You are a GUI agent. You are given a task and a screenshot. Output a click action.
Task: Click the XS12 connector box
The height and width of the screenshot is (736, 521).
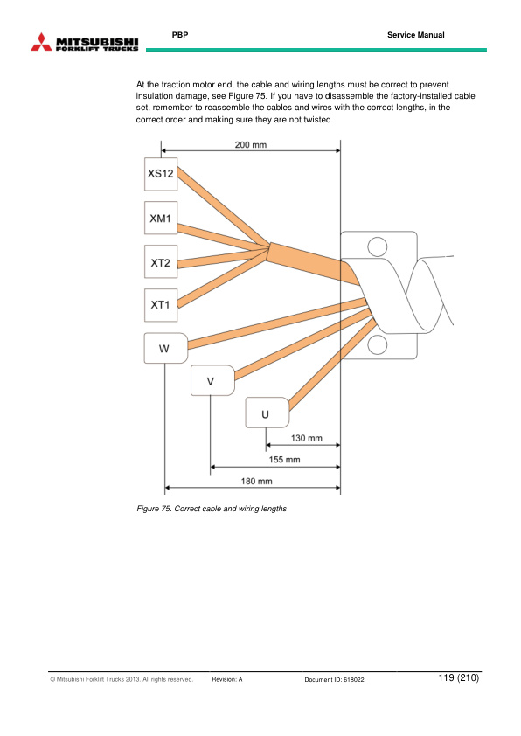[x=161, y=174]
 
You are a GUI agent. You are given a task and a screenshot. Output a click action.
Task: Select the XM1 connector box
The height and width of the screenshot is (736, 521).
[x=161, y=218]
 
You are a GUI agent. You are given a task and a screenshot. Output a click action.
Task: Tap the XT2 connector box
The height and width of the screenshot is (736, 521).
[x=161, y=261]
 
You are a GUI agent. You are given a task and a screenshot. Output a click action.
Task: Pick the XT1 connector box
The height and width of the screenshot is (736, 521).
[x=161, y=305]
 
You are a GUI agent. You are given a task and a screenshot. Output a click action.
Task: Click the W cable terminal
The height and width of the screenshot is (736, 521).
[x=166, y=348]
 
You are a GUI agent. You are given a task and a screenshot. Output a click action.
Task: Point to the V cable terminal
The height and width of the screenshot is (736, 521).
[x=212, y=380]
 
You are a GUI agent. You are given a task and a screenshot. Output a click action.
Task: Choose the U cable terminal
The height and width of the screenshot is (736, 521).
[x=267, y=413]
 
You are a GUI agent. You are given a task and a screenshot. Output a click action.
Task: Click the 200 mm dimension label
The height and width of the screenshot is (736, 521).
[x=251, y=145]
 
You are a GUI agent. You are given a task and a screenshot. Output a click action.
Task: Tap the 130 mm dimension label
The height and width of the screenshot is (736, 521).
[x=307, y=438]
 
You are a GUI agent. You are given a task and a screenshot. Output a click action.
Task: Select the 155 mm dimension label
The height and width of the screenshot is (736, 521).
[x=284, y=460]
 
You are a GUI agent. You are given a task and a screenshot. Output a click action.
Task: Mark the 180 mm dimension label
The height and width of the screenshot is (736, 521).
[x=256, y=481]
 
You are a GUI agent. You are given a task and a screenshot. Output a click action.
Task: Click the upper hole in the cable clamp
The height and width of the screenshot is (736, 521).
[x=378, y=246]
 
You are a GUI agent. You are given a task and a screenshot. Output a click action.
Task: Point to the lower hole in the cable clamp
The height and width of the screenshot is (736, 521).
[x=378, y=345]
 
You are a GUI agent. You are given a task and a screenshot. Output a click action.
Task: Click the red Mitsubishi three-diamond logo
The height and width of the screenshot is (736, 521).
[x=41, y=42]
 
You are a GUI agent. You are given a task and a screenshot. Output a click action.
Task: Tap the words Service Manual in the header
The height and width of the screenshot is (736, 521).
[x=416, y=35]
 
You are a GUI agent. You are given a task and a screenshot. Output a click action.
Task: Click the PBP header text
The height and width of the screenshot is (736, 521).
[x=180, y=35]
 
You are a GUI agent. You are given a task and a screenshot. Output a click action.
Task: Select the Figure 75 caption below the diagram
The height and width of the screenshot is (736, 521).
[x=212, y=509]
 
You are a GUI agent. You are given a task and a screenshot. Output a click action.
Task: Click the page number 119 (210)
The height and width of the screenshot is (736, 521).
[x=459, y=677]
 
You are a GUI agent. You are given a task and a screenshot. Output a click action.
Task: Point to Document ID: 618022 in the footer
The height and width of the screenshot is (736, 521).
[x=334, y=679]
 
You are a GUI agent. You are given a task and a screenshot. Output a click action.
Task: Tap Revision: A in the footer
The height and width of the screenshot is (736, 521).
[x=227, y=679]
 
